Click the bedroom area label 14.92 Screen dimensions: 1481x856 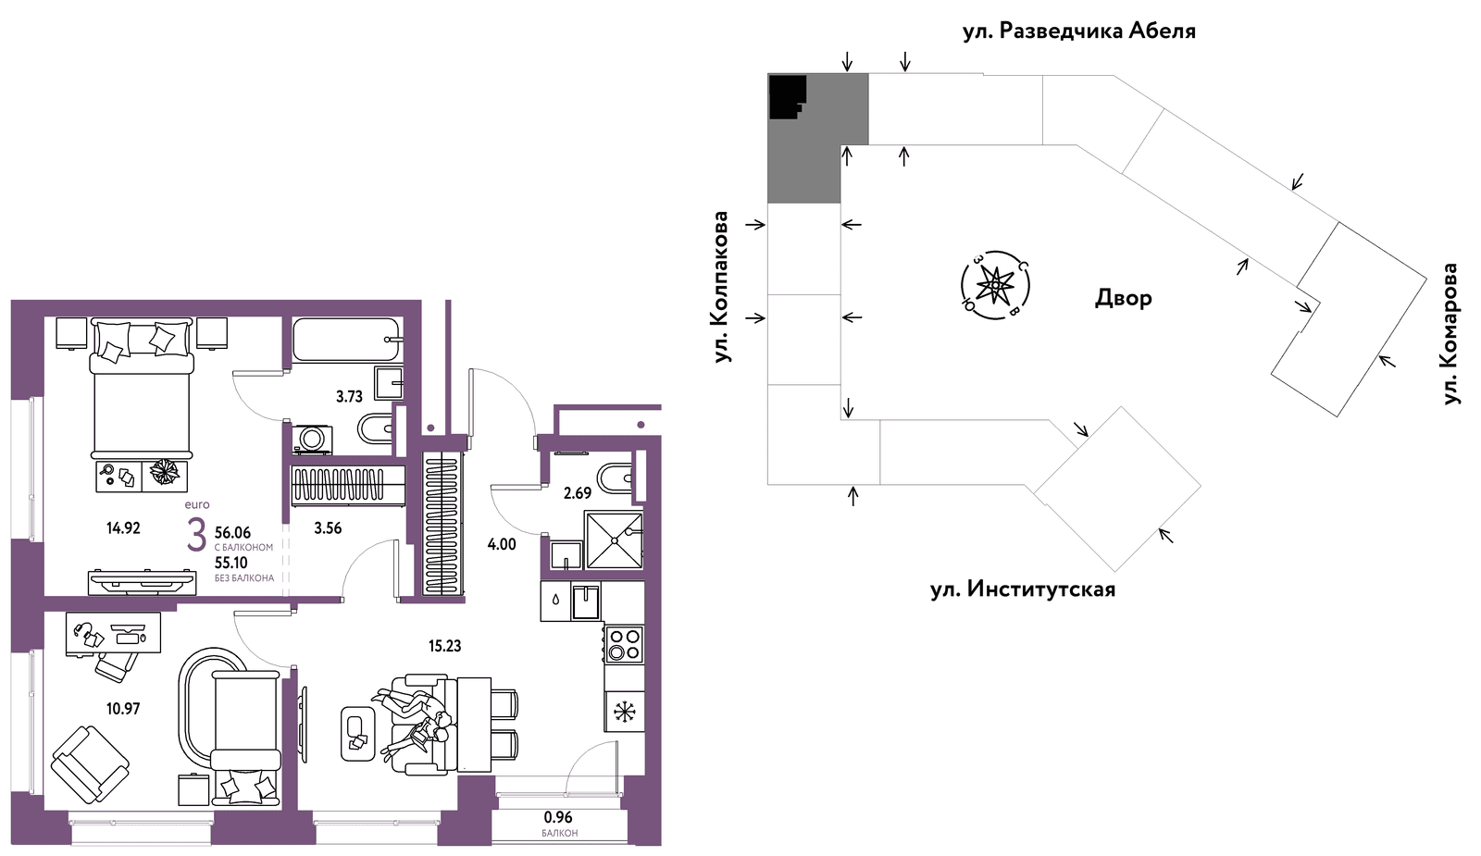point(124,528)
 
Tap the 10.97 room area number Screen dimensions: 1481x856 point(124,709)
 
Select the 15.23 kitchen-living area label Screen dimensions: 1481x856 point(445,646)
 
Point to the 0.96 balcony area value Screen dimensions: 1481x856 point(559,818)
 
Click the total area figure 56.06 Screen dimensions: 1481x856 point(232,533)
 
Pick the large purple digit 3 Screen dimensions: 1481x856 point(196,535)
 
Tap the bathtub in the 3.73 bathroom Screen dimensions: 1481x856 point(347,340)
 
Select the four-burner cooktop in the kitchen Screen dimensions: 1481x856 point(624,644)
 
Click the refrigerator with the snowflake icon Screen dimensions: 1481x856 point(624,712)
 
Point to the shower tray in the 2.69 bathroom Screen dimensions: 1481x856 point(615,540)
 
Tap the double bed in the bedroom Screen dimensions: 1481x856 point(142,388)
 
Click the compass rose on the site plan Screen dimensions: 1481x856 point(995,286)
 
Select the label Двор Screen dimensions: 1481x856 point(1124,299)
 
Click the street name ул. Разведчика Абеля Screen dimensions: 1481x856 point(1079,31)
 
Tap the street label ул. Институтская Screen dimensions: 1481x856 point(1023,589)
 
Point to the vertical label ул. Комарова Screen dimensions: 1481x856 point(1450,334)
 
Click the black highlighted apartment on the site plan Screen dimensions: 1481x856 point(786,96)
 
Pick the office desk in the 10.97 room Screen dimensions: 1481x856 point(114,633)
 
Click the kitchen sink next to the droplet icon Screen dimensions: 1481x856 point(587,602)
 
